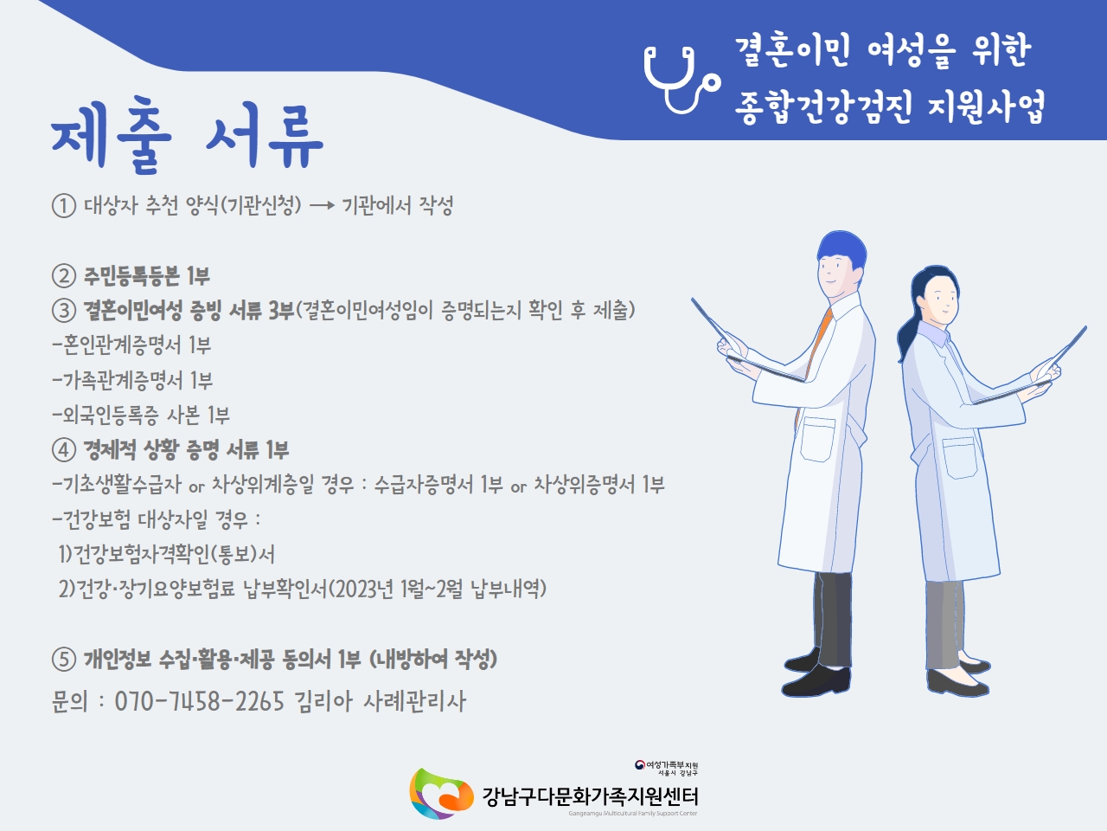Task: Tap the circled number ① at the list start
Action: click(64, 206)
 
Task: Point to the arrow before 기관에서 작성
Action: click(323, 206)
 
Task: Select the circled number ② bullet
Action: click(64, 276)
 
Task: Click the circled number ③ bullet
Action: click(64, 310)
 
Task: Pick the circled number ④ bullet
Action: click(64, 450)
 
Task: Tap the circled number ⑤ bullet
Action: click(64, 660)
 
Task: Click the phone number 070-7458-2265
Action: click(199, 701)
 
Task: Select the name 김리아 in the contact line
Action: click(323, 701)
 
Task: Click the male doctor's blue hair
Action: click(841, 250)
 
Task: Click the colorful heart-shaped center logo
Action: click(441, 794)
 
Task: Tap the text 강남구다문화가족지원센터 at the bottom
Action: click(590, 796)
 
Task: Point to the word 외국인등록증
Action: click(111, 415)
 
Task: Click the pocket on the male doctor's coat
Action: click(817, 439)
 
